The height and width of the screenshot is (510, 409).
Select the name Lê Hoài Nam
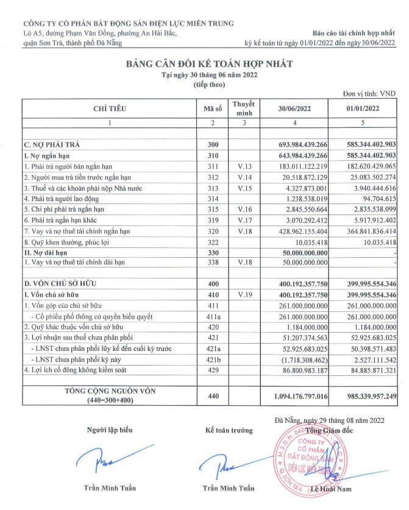point(331,489)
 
